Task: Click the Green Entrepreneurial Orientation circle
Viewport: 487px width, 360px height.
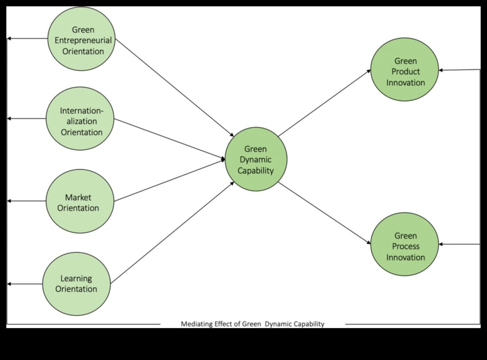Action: pos(82,39)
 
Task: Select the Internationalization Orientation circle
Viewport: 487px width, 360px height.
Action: pos(80,119)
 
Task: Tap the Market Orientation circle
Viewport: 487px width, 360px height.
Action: pos(80,201)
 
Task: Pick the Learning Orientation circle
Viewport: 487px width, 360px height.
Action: pos(77,283)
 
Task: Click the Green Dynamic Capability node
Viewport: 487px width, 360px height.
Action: pos(256,159)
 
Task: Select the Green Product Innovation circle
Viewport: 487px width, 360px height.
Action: pos(404,70)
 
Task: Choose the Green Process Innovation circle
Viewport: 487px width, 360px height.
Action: pos(404,244)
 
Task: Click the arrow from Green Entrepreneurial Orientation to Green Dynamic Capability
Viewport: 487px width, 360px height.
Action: pos(174,88)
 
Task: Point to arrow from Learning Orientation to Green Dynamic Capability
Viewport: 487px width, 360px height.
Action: pos(172,233)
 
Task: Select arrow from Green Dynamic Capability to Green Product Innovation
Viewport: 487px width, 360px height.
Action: pos(324,103)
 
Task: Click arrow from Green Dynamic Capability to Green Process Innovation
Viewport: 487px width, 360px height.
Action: pos(324,213)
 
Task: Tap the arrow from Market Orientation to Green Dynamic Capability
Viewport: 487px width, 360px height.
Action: pos(169,180)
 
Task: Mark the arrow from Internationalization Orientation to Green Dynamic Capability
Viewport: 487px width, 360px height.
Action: pos(169,139)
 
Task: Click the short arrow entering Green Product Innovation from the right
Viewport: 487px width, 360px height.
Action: pos(459,70)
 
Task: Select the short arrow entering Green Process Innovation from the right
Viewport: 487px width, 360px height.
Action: pos(459,244)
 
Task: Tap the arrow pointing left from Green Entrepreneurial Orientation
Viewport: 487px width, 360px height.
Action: pos(27,39)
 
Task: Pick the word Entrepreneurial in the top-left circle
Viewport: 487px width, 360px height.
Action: pos(83,40)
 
